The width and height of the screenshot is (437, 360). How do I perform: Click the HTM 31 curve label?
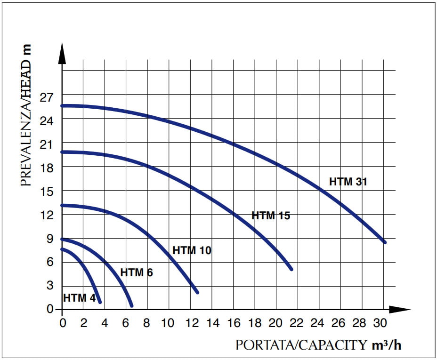coord(348,182)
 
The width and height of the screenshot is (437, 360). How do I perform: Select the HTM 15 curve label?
coord(271,216)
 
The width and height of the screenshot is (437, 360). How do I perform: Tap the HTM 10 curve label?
coord(192,250)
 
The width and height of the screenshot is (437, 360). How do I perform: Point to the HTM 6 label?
coord(137,272)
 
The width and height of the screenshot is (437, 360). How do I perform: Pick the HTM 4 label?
coord(78,298)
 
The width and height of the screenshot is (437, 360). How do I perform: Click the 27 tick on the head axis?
coord(49,97)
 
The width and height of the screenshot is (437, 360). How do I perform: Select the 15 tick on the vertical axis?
coord(49,192)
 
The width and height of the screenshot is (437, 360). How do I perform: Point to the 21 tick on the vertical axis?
coord(49,144)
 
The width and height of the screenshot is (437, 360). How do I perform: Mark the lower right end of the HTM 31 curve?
coord(384,242)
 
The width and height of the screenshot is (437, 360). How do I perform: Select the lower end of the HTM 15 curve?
coord(291,269)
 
